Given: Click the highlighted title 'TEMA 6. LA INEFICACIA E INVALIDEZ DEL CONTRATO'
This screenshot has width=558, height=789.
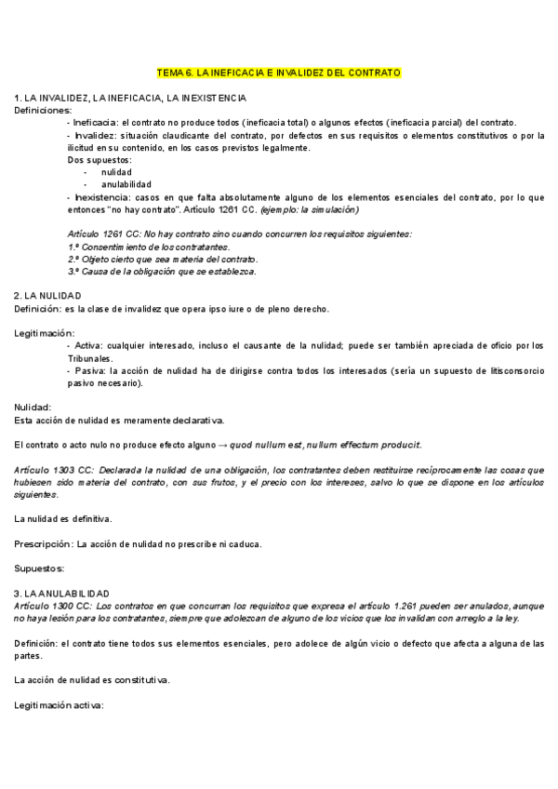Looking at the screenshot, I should pyautogui.click(x=279, y=72).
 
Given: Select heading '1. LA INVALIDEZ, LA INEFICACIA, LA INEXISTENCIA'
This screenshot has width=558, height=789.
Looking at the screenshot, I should pyautogui.click(x=130, y=98).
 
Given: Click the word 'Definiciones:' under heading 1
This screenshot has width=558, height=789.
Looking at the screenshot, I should pyautogui.click(x=42, y=110).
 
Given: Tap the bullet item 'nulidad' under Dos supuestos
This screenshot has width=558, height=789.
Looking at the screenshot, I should pyautogui.click(x=116, y=172).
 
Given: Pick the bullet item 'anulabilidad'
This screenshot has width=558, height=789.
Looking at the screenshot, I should pyautogui.click(x=126, y=184).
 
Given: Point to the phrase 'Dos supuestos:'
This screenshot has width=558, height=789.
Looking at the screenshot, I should pyautogui.click(x=100, y=160).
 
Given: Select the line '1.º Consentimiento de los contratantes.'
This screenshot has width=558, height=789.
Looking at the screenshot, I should pyautogui.click(x=149, y=247).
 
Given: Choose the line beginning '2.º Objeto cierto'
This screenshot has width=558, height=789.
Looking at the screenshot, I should pyautogui.click(x=163, y=259).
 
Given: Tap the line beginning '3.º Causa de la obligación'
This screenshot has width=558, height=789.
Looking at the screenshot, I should pyautogui.click(x=162, y=271).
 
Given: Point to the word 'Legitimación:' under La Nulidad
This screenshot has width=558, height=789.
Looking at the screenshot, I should pyautogui.click(x=45, y=333).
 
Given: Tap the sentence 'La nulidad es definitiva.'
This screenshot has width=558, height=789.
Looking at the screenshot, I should pyautogui.click(x=64, y=517).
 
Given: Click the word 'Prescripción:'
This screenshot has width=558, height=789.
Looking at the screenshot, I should pyautogui.click(x=44, y=543).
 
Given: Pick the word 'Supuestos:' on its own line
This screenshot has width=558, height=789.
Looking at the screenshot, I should pyautogui.click(x=39, y=568).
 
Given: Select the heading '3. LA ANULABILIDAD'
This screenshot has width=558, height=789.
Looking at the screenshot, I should pyautogui.click(x=61, y=593).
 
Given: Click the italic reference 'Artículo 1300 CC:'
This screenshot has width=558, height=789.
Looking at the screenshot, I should pyautogui.click(x=52, y=605).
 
